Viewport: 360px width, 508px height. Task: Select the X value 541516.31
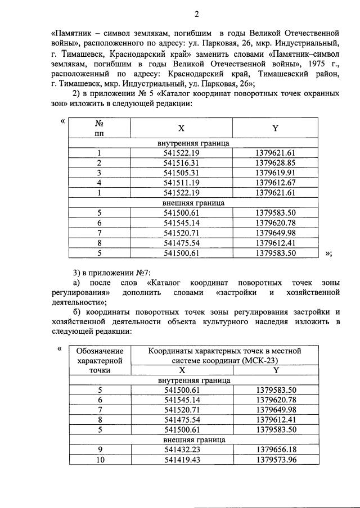(x=182, y=163)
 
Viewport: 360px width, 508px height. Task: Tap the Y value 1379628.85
(x=275, y=163)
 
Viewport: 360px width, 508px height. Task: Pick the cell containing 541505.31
(x=182, y=173)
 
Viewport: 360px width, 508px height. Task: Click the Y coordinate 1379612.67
(x=275, y=183)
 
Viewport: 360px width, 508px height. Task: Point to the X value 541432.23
(x=182, y=450)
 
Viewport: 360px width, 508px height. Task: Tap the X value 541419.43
(x=182, y=460)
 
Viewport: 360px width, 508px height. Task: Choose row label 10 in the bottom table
(x=100, y=460)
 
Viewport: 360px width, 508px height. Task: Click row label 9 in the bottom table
(x=100, y=450)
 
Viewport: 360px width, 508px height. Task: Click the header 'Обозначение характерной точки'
(x=100, y=360)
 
